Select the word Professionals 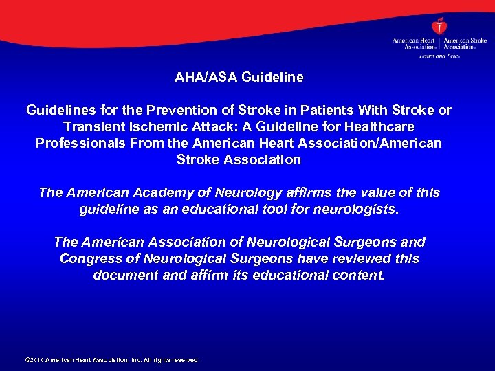coord(76,143)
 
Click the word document coord(122,275)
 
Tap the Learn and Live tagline coord(439,55)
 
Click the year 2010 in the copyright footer coord(37,360)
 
